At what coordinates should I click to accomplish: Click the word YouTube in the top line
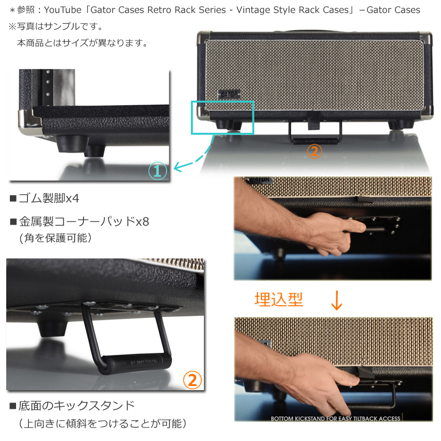click(x=62, y=10)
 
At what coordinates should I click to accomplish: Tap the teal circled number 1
click(x=158, y=171)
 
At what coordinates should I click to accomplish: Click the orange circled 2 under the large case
click(x=314, y=151)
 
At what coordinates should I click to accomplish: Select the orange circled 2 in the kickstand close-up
click(x=192, y=380)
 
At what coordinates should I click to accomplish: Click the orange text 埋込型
click(x=279, y=299)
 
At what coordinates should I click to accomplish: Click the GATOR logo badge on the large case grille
click(x=229, y=94)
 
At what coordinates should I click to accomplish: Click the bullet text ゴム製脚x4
click(x=49, y=198)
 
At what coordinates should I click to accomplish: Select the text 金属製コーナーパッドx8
click(x=84, y=222)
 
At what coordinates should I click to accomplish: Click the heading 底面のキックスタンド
click(x=76, y=406)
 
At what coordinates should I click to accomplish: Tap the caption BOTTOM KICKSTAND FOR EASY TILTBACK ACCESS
click(x=335, y=419)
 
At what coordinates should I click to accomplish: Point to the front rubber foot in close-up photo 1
click(x=72, y=143)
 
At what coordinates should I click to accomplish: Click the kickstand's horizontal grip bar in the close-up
click(x=136, y=364)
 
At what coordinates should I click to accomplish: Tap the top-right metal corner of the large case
click(x=426, y=38)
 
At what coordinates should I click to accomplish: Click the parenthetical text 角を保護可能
click(x=56, y=238)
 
